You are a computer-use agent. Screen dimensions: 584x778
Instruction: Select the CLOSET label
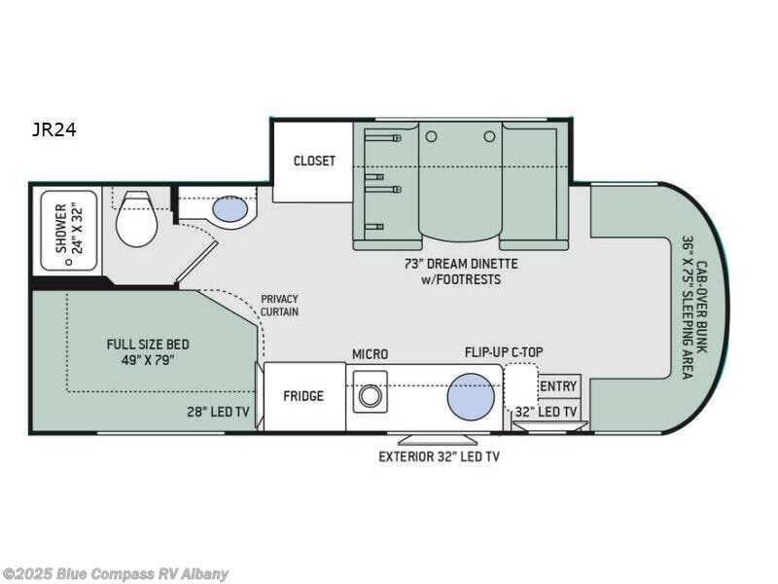coord(313,161)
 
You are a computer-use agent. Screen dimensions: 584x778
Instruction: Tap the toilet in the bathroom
coord(136,221)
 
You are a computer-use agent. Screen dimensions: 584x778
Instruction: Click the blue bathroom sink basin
coord(230,209)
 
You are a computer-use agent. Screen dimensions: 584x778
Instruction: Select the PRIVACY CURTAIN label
coord(279,305)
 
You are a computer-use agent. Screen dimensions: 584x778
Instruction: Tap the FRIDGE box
coord(303,396)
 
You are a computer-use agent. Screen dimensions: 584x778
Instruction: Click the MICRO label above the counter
coord(370,353)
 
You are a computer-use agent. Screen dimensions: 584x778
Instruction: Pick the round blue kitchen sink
coord(471,396)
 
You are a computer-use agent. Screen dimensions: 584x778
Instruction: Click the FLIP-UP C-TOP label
coord(504,353)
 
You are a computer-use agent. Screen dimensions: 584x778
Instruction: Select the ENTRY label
coord(557,386)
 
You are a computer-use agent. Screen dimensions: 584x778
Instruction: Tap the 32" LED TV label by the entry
coord(547,413)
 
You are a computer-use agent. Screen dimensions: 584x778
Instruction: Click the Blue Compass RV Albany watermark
coord(116,573)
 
